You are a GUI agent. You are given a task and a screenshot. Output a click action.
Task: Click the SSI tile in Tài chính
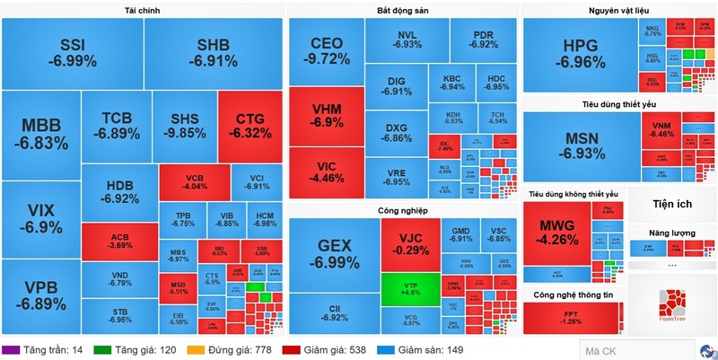click(x=72, y=53)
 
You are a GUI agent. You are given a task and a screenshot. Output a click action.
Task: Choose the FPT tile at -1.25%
click(x=571, y=317)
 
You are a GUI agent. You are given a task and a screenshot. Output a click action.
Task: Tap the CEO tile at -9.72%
click(x=327, y=50)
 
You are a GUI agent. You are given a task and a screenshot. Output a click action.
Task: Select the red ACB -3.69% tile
click(x=119, y=239)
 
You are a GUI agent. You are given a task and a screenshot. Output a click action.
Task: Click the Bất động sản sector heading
click(x=402, y=10)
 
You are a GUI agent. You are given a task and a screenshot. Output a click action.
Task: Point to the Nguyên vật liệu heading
click(x=620, y=10)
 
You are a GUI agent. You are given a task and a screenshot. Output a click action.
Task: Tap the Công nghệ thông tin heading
click(x=574, y=294)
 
